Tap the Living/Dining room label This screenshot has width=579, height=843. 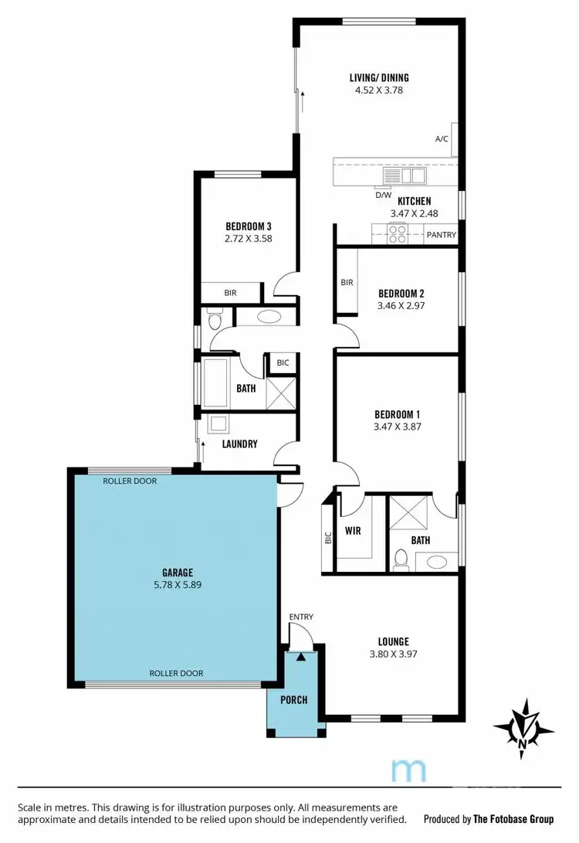coord(378,77)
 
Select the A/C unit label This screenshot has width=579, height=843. coord(442,139)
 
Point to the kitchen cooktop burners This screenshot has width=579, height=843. coord(398,233)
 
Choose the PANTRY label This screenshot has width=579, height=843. coord(442,235)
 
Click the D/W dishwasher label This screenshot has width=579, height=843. coord(383,195)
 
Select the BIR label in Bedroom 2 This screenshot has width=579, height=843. coord(347,283)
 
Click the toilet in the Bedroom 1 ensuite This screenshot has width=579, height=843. coord(399,558)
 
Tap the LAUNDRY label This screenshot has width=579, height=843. coord(239,444)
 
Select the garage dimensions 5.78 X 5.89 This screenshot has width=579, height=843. coord(177,585)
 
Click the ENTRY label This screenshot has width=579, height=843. coord(301,617)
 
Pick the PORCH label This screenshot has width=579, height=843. coord(293,700)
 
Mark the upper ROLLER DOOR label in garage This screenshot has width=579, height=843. coord(129,481)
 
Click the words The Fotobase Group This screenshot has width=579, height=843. coord(514,818)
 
